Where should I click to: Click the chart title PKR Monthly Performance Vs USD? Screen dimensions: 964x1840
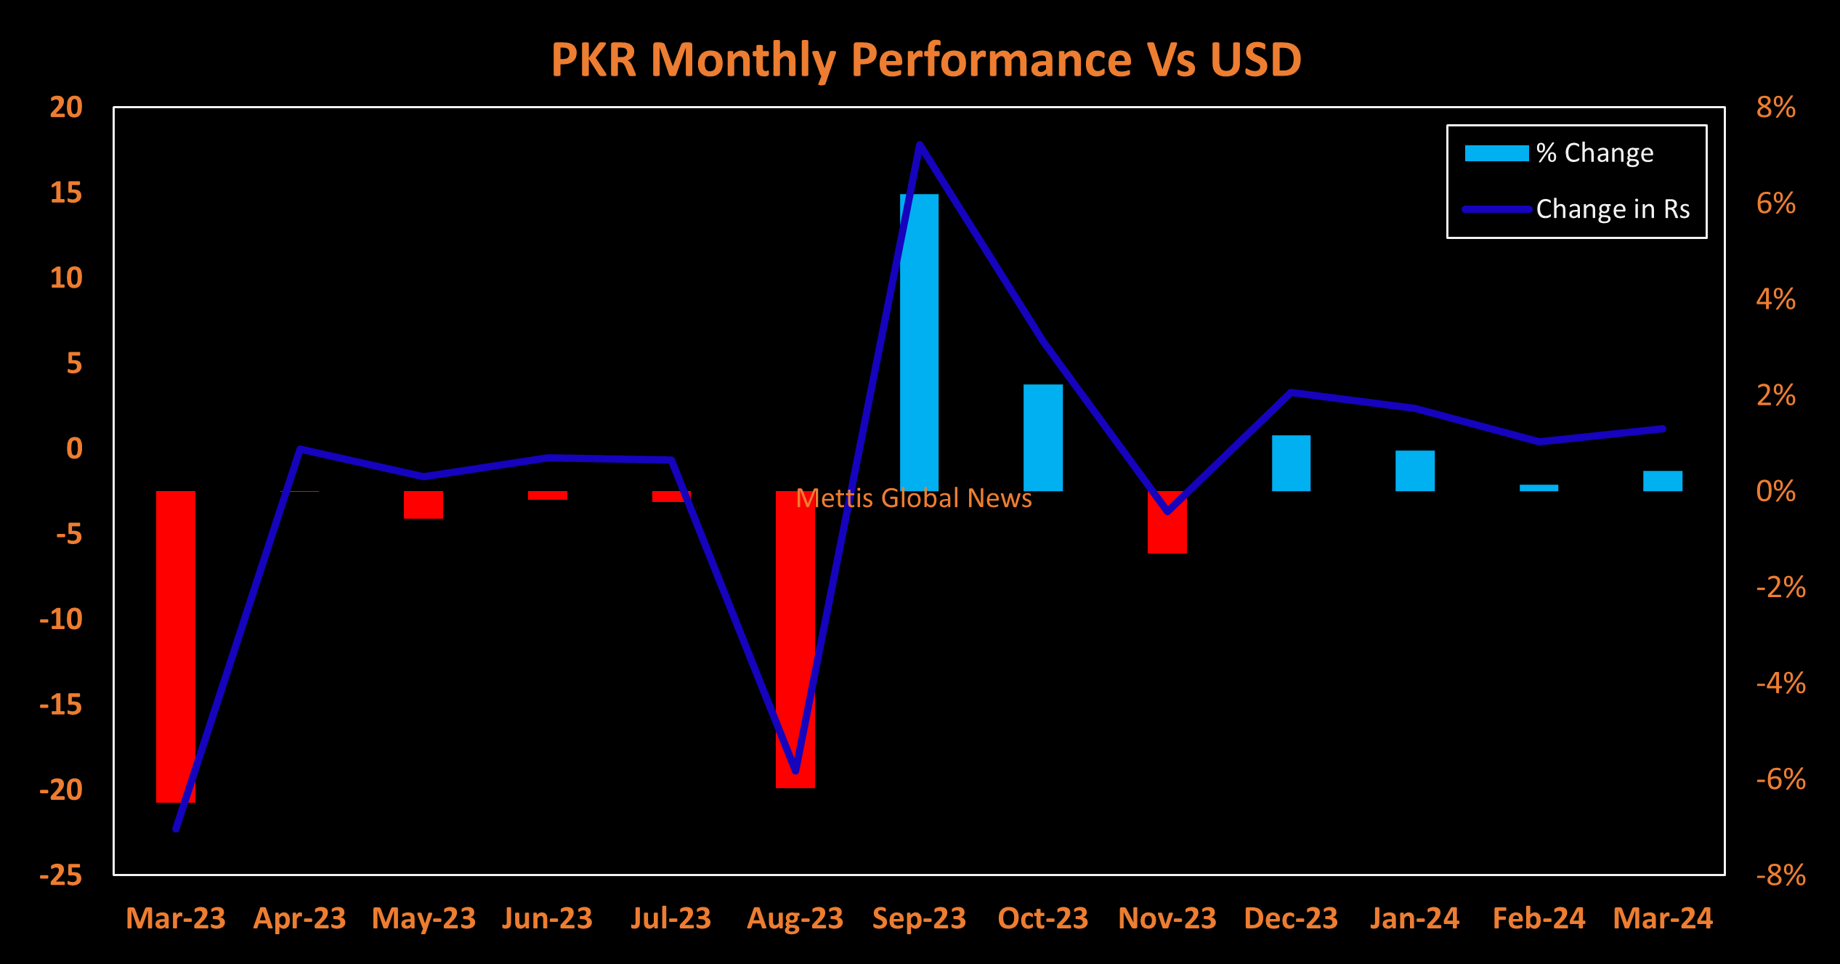tap(926, 60)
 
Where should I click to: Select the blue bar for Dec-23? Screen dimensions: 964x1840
tap(1291, 463)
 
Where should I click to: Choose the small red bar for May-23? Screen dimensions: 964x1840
tap(423, 505)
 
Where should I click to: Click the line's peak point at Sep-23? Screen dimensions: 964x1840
tap(920, 145)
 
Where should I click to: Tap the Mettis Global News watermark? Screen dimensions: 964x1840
tap(914, 498)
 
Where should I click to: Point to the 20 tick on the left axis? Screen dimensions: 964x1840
tap(66, 108)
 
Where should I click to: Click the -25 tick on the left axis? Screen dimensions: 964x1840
tap(61, 875)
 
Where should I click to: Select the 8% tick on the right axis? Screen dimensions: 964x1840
tap(1775, 108)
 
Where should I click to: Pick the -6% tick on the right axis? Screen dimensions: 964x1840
tap(1780, 779)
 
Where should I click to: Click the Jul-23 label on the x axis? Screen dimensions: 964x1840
tap(671, 918)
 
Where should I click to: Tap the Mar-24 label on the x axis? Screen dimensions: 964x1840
tap(1663, 918)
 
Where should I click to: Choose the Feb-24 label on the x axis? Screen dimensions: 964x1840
tap(1539, 918)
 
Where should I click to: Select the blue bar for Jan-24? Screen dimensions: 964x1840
tap(1415, 471)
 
